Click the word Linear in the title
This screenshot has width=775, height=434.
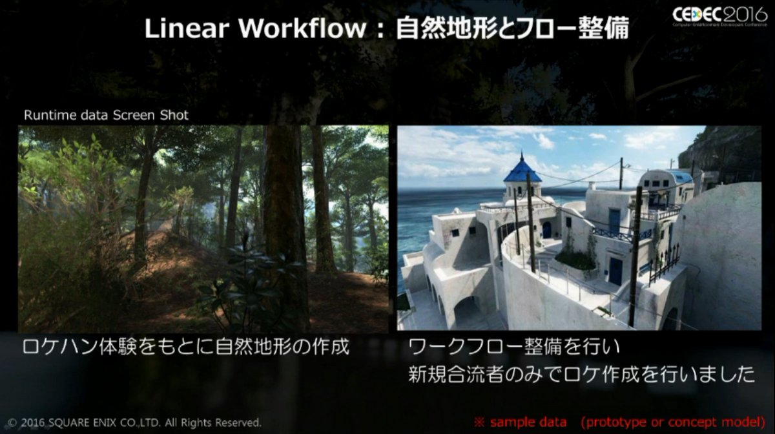tap(187, 28)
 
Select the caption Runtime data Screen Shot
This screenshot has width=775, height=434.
tap(106, 115)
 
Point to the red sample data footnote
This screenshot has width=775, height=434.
tap(619, 422)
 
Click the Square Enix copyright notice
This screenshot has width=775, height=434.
tap(134, 422)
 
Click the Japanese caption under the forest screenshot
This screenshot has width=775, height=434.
tap(186, 347)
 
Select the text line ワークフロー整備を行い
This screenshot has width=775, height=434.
tap(514, 347)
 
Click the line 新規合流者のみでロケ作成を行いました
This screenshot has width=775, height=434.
tap(581, 375)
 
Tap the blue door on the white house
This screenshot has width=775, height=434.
tap(616, 271)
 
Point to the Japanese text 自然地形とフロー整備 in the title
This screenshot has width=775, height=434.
tap(512, 28)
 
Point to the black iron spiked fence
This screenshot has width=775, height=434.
tap(665, 262)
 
